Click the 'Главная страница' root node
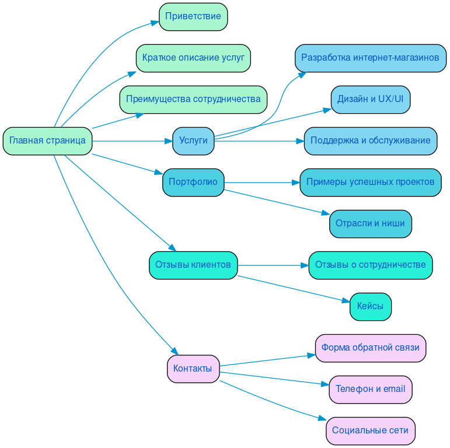(47, 141)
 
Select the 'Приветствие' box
(193, 16)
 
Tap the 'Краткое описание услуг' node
(193, 58)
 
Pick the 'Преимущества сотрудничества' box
(193, 99)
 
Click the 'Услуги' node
(193, 141)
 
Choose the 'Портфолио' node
(193, 183)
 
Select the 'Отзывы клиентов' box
(193, 265)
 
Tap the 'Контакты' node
(193, 369)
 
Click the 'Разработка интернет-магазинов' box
(370, 58)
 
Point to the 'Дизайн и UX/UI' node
(370, 99)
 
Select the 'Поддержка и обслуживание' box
(370, 141)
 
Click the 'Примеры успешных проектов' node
(370, 183)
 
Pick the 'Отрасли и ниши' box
(370, 224)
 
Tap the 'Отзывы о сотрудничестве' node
(370, 265)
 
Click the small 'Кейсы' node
(370, 307)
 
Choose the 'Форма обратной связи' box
(370, 348)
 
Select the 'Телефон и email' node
(370, 390)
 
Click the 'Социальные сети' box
(370, 431)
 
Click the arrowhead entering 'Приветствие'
(155, 23)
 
